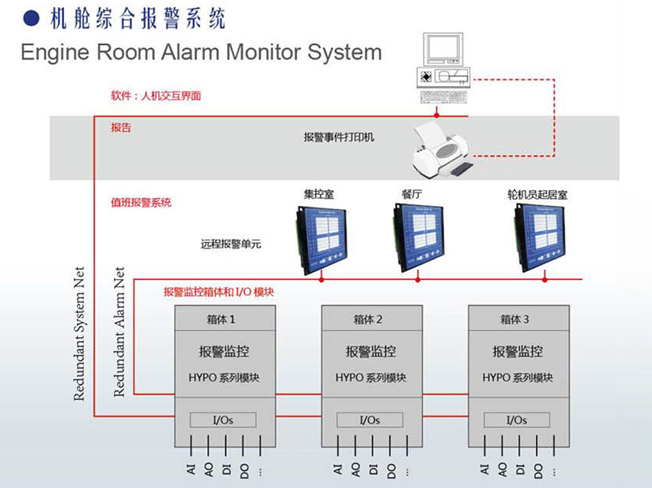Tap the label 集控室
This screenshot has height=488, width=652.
tap(320, 193)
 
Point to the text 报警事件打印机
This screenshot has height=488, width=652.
tap(339, 137)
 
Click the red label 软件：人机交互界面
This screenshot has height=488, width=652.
tap(156, 97)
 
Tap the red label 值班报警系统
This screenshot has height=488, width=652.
tap(141, 203)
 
